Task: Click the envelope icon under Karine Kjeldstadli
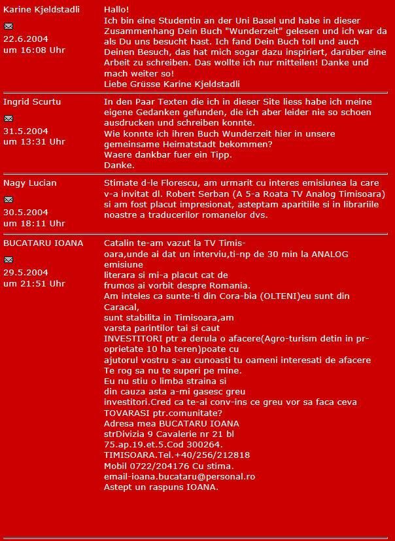pyautogui.click(x=8, y=26)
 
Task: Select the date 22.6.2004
pyautogui.click(x=26, y=39)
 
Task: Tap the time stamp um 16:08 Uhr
pyautogui.click(x=34, y=50)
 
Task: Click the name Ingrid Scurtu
pyautogui.click(x=32, y=102)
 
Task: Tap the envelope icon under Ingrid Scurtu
pyautogui.click(x=8, y=118)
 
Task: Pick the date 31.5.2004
pyautogui.click(x=26, y=131)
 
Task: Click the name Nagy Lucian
pyautogui.click(x=30, y=183)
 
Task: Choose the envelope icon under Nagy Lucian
pyautogui.click(x=8, y=200)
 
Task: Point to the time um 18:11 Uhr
pyautogui.click(x=34, y=223)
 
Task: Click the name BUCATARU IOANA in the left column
pyautogui.click(x=43, y=243)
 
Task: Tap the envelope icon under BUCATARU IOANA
pyautogui.click(x=8, y=260)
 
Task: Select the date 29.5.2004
pyautogui.click(x=26, y=272)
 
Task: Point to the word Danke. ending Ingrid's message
pyautogui.click(x=118, y=165)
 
